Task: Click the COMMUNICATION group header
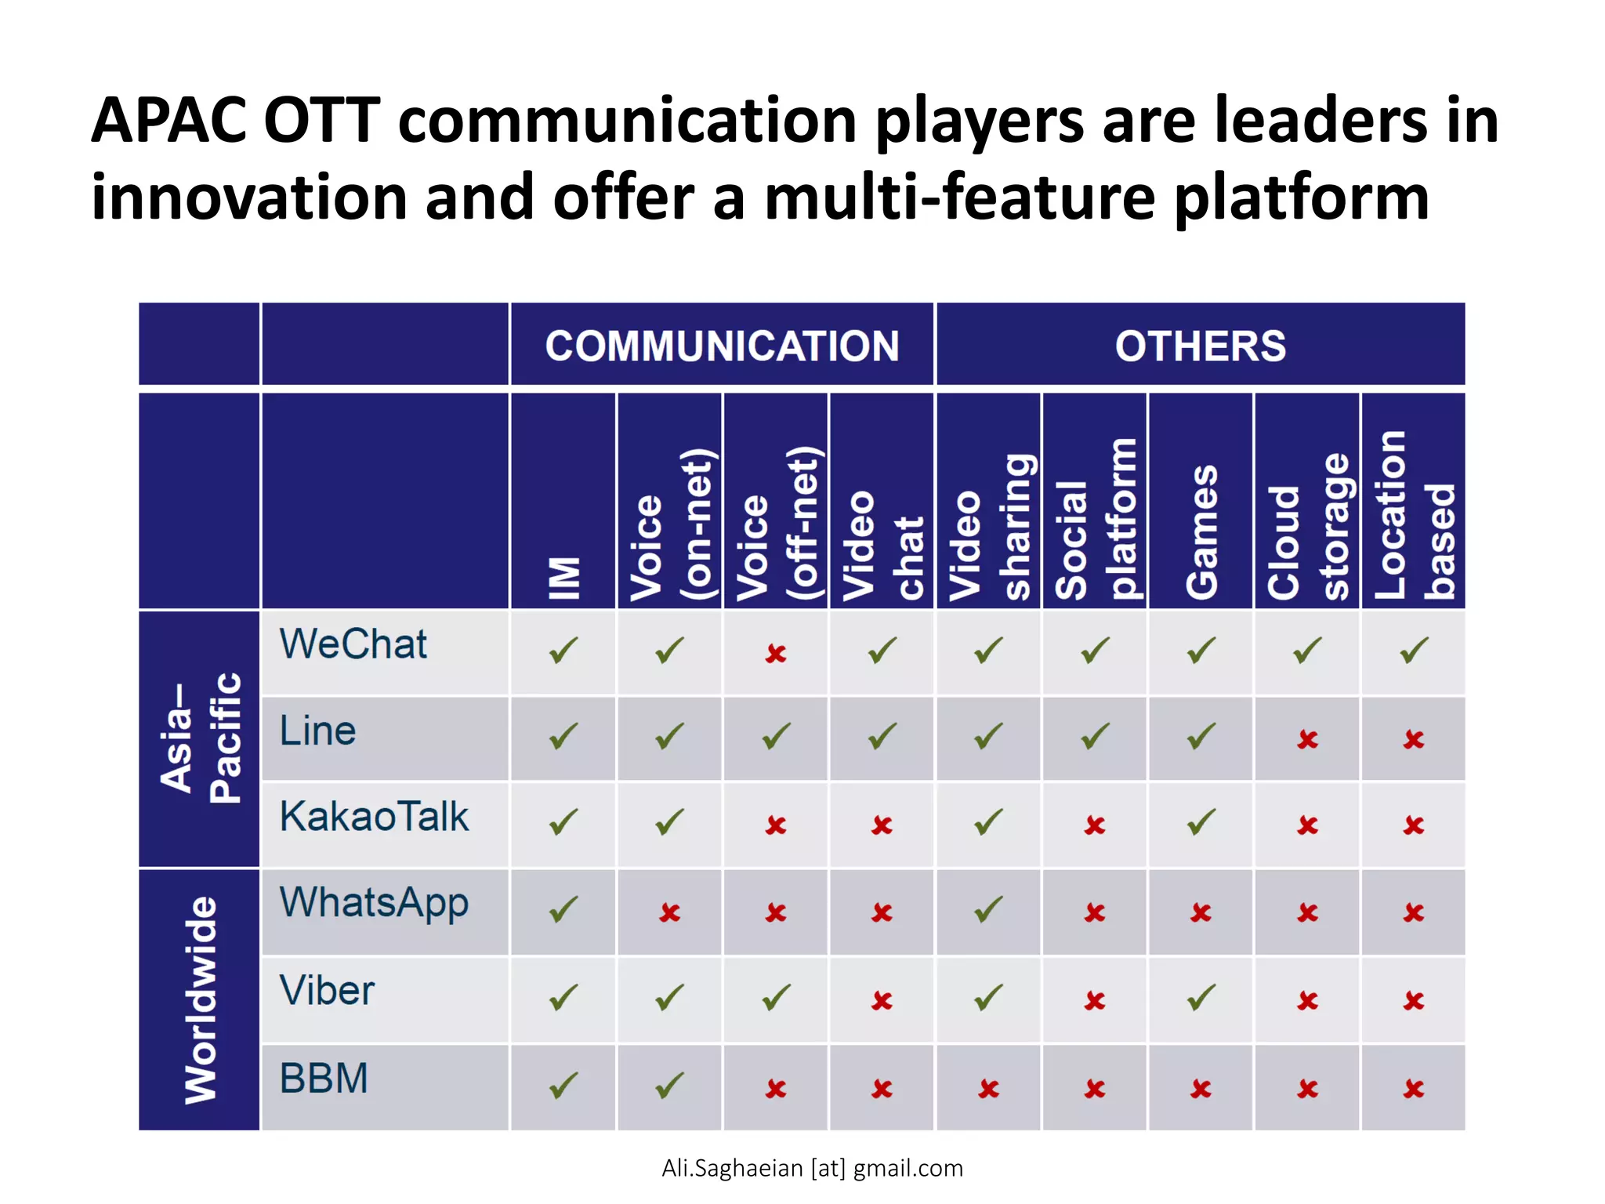pyautogui.click(x=722, y=346)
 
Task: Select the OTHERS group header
pyautogui.click(x=1200, y=346)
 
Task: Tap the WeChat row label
pyautogui.click(x=353, y=644)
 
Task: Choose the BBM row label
pyautogui.click(x=324, y=1079)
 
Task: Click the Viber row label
pyautogui.click(x=327, y=991)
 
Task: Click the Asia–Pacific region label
pyautogui.click(x=200, y=737)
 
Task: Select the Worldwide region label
pyautogui.click(x=200, y=1000)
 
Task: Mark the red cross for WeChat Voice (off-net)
pyautogui.click(x=776, y=653)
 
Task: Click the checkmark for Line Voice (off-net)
pyautogui.click(x=776, y=737)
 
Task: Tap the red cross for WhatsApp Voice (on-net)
pyautogui.click(x=669, y=912)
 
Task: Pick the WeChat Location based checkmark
pyautogui.click(x=1414, y=651)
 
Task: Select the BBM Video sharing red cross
pyautogui.click(x=988, y=1089)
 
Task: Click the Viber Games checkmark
pyautogui.click(x=1201, y=998)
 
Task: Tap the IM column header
pyautogui.click(x=563, y=578)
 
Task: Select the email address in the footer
pyautogui.click(x=812, y=1168)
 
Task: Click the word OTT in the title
pyautogui.click(x=321, y=121)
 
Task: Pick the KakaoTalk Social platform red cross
pyautogui.click(x=1095, y=825)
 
